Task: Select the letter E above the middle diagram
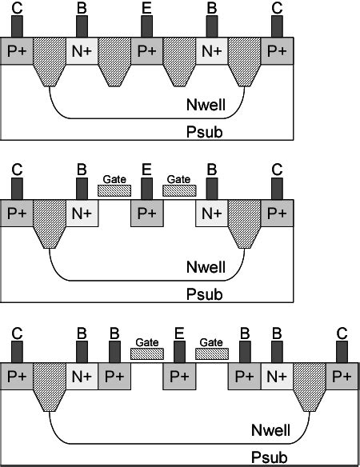tap(146, 170)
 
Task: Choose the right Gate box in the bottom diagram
tap(212, 352)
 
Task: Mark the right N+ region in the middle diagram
tap(212, 214)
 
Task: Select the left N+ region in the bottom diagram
tap(81, 375)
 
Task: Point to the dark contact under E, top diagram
tap(146, 26)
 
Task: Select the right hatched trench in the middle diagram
tap(245, 224)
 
